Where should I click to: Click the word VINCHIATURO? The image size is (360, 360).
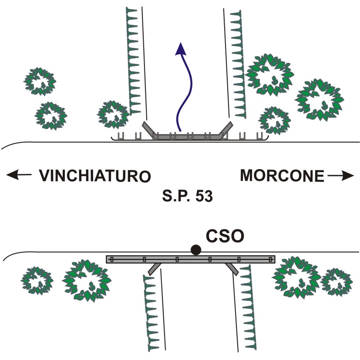(94, 176)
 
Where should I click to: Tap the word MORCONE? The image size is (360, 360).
(282, 176)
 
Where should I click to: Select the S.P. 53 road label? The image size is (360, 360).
(187, 196)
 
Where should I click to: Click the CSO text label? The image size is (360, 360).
(225, 236)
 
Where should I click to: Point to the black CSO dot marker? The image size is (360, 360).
(196, 250)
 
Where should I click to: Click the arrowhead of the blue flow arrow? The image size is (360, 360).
(181, 49)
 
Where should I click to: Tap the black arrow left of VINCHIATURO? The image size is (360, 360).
(19, 175)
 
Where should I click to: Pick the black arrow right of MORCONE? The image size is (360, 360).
(341, 176)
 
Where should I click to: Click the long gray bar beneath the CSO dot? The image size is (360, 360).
(191, 259)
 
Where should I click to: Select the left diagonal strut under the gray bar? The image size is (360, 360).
(154, 269)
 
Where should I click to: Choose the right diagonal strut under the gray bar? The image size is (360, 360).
(232, 269)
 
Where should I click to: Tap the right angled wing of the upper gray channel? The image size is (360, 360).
(226, 130)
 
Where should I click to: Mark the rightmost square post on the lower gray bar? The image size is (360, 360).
(271, 259)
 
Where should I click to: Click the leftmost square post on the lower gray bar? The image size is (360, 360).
(112, 259)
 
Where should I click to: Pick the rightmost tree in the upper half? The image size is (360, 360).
(320, 100)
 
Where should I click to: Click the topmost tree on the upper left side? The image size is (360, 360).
(40, 82)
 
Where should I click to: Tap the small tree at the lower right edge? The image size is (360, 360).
(336, 282)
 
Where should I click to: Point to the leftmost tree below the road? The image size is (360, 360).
(37, 280)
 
